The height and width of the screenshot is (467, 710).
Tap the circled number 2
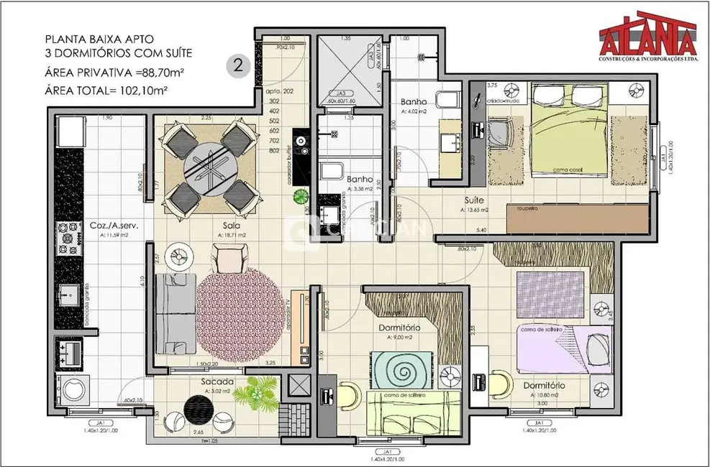point(236,65)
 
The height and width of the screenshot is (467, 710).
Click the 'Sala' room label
point(231,225)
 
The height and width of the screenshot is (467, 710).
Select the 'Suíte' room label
point(474,201)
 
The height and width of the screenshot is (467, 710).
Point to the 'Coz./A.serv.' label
point(109,225)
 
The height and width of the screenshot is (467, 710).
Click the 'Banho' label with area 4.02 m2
point(414,103)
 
